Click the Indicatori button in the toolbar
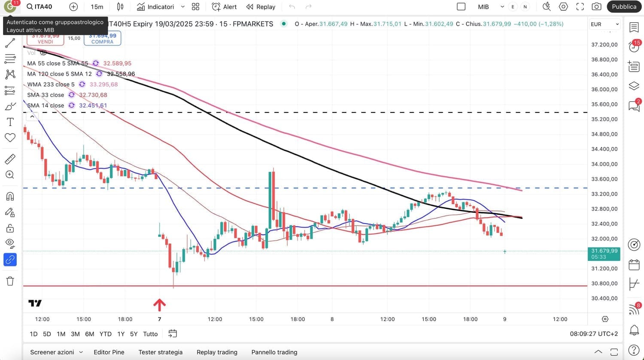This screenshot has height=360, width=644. coord(156,7)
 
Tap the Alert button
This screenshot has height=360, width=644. coord(225,7)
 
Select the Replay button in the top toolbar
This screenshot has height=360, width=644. coord(261,7)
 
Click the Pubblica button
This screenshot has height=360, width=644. coord(624,6)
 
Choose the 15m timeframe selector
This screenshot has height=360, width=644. coord(97,7)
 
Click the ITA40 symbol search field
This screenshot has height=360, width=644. coord(39,7)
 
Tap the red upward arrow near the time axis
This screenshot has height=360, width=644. coord(159,305)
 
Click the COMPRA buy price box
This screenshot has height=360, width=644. coord(102,39)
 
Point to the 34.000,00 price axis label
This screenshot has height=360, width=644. coord(605,164)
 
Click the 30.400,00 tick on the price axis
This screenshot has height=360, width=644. coord(605,298)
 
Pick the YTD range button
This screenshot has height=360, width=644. coord(105,334)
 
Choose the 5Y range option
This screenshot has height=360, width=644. coord(134,334)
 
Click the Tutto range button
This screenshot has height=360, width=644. coord(150,334)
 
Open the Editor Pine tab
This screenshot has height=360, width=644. coord(109,352)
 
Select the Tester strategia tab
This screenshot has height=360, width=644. coord(161,352)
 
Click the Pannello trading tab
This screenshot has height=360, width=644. coord(274,352)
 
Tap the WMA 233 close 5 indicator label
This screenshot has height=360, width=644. coord(51,85)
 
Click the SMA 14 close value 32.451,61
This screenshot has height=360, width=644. coord(93,106)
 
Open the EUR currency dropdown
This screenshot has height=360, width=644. coord(605,24)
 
